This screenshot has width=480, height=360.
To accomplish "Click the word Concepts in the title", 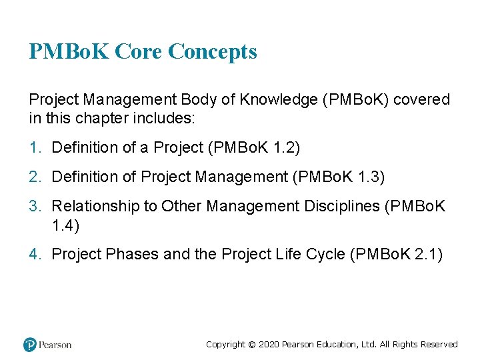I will click(213, 51).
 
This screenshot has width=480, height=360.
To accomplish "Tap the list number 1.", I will click(33, 147).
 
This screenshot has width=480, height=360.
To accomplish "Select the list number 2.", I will click(33, 177).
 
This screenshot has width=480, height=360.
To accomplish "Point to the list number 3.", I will click(33, 207).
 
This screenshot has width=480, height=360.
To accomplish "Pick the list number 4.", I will click(33, 253).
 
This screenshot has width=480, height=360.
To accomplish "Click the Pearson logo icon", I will click(30, 345).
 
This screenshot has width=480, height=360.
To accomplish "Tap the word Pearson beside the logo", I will click(55, 345).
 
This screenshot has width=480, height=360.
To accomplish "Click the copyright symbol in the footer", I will click(251, 345).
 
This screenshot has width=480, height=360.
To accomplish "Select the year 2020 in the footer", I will click(268, 345).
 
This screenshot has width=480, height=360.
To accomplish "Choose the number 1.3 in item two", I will click(369, 177).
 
